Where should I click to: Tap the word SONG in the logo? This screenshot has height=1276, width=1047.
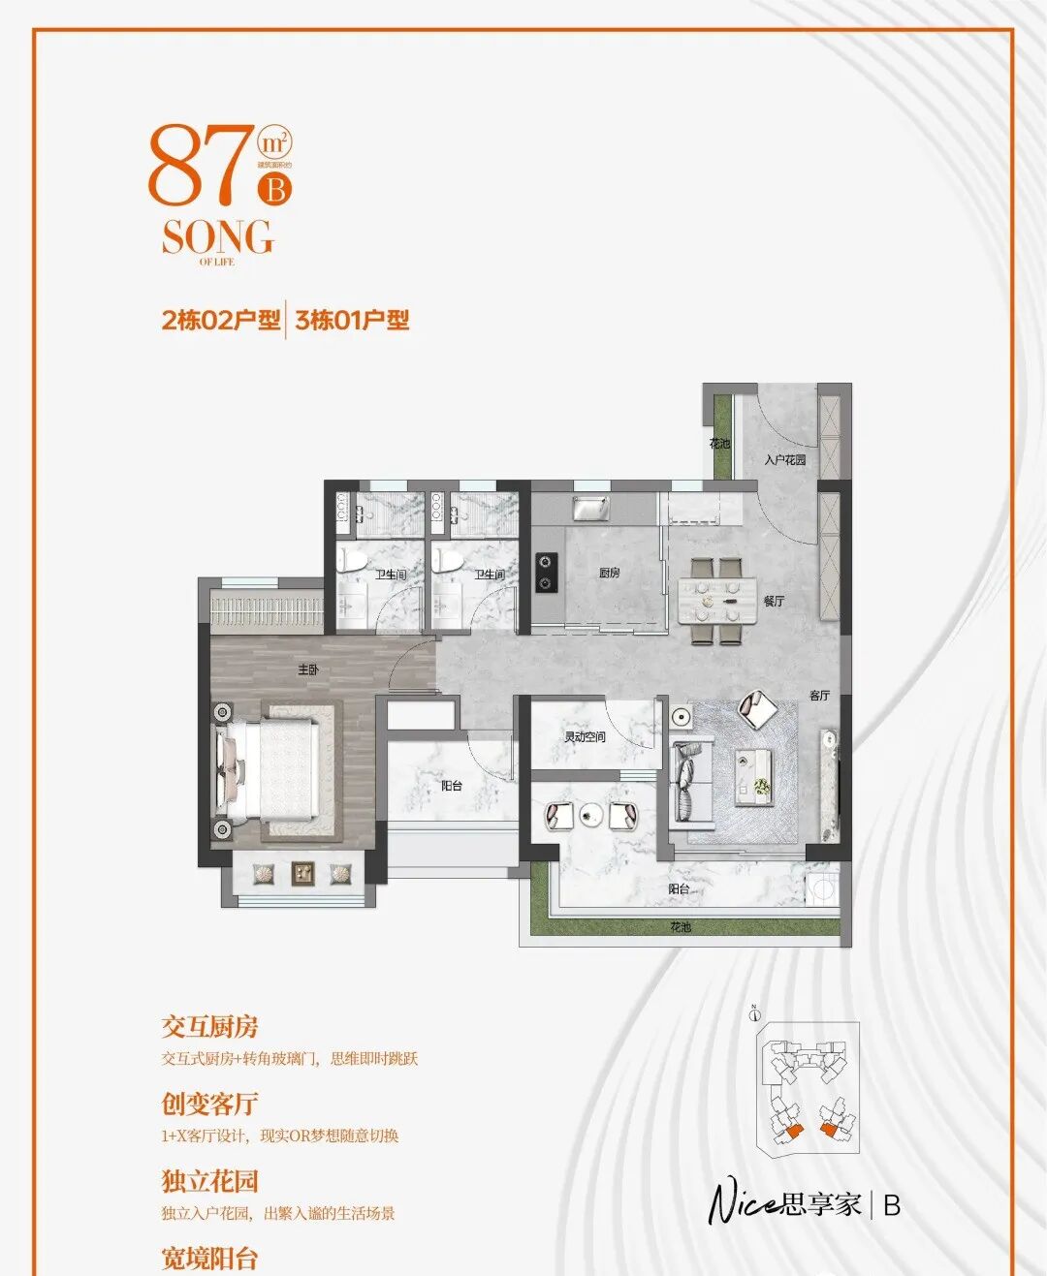217,237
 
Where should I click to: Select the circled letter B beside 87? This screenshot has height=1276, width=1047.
275,189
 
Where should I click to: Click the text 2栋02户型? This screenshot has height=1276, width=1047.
221,320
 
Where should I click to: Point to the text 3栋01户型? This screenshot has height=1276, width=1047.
352,320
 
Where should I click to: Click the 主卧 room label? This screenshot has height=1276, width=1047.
307,669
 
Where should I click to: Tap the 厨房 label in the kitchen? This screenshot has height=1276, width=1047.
609,573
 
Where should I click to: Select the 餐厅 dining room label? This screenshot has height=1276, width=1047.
774,601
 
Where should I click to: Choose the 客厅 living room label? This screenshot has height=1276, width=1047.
819,695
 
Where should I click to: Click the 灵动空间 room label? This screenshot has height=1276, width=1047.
585,736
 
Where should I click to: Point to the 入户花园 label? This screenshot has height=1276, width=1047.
784,459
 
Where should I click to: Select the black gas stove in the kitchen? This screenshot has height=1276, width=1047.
546,572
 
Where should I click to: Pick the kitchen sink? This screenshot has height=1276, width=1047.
590,508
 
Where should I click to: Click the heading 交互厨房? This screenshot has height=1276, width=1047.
209,1027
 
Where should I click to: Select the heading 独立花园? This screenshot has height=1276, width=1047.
209,1181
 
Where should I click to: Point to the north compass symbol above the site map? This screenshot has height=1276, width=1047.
755,1013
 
